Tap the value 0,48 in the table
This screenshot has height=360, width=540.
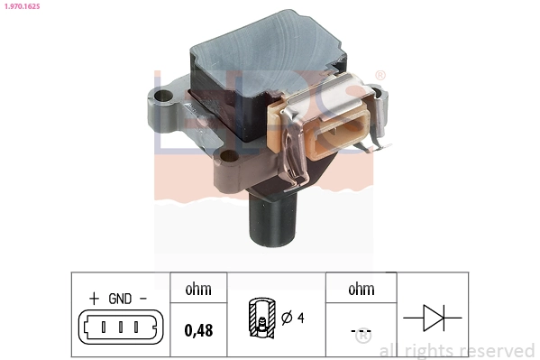(198, 330)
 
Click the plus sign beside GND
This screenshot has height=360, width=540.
(94, 298)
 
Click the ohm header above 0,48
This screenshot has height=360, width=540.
(198, 290)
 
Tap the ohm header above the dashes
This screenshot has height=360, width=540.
(360, 290)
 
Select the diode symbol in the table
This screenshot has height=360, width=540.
(432, 317)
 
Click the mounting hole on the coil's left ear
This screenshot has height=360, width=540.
(162, 95)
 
